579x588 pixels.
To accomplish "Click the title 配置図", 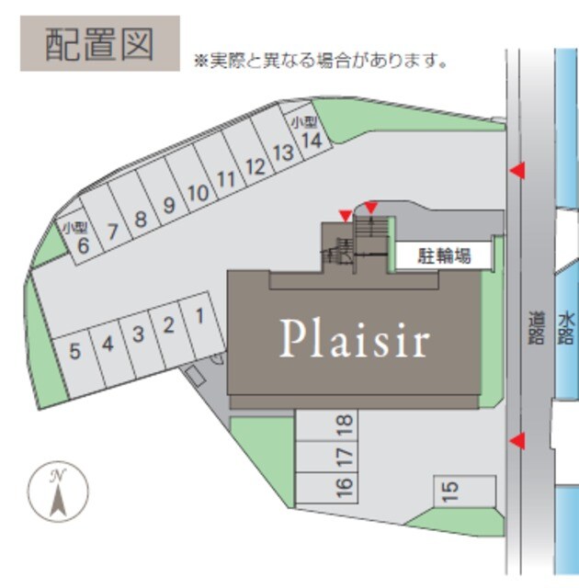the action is point(100,44).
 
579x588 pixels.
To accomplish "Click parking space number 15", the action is point(465,491).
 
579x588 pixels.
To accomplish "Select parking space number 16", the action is point(327,488).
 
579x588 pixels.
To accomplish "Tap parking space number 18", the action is point(327,424).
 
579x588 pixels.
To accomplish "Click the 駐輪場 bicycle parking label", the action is point(444,256).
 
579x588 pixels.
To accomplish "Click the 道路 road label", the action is point(536,327).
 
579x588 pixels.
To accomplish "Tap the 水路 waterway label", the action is point(566,329).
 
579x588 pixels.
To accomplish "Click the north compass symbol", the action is point(58,492).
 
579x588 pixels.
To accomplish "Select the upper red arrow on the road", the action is point(517,171).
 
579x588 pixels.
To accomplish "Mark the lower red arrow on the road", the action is point(517,441).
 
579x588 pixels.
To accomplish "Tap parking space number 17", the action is point(327,457).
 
